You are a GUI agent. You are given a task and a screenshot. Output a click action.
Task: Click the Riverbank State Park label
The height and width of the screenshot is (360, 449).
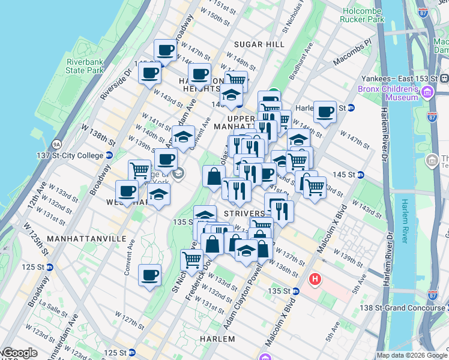pos(85,65)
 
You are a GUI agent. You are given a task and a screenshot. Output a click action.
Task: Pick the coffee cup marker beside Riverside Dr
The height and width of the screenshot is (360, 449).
pos(149,74)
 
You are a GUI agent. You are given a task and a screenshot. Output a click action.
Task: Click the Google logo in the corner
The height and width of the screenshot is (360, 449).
pos(20,353)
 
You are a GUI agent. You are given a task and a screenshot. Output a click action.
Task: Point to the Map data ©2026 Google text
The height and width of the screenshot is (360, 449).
pos(412,355)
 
